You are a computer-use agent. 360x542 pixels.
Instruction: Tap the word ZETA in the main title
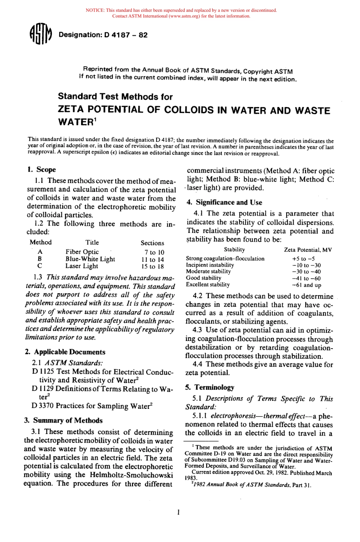pos(71,110)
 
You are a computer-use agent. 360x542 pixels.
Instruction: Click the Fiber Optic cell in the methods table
pos(82,252)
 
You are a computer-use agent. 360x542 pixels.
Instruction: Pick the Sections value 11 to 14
pos(152,259)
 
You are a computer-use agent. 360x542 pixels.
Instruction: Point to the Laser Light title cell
pos(81,266)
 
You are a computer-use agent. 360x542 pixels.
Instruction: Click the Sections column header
pos(152,243)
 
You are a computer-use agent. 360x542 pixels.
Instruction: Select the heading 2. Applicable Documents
pos(65,352)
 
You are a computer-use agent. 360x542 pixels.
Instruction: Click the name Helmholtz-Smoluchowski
pos(131,475)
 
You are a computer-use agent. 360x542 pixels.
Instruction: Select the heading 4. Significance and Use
pos(224,202)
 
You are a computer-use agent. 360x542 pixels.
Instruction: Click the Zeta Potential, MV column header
pos(308,250)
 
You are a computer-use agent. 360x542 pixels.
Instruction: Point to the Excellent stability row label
pos(208,284)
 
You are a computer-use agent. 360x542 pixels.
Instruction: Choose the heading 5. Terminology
pos(210,387)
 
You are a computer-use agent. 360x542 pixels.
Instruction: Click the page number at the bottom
pos(178,512)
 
